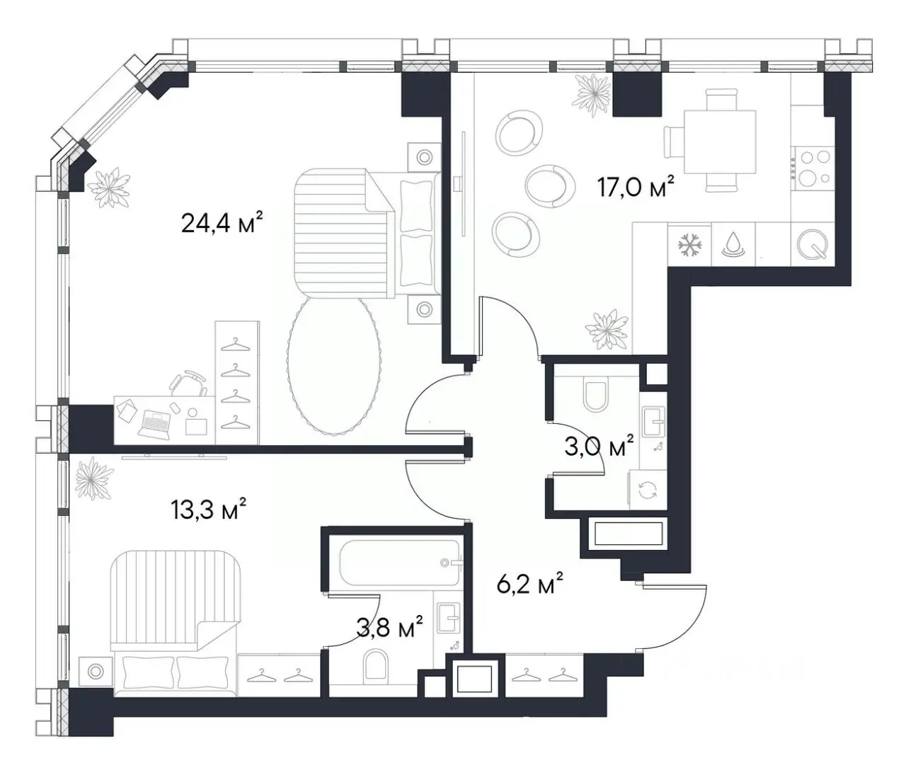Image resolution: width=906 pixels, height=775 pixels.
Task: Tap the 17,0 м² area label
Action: click(635, 187)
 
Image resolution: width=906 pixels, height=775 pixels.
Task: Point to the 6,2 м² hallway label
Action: click(529, 583)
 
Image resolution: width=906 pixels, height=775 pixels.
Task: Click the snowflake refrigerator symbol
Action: click(690, 245)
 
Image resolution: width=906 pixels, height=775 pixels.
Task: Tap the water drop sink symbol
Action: click(733, 246)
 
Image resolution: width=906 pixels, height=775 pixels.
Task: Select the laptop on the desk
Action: click(154, 424)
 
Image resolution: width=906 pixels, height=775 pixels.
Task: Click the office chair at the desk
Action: click(188, 381)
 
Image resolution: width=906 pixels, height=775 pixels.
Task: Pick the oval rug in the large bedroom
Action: click(333, 366)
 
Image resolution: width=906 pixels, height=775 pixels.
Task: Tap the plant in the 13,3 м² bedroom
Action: click(94, 478)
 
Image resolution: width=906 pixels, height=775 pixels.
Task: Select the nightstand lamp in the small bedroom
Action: click(96, 671)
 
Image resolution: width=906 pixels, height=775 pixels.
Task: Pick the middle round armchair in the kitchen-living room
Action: click(549, 186)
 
